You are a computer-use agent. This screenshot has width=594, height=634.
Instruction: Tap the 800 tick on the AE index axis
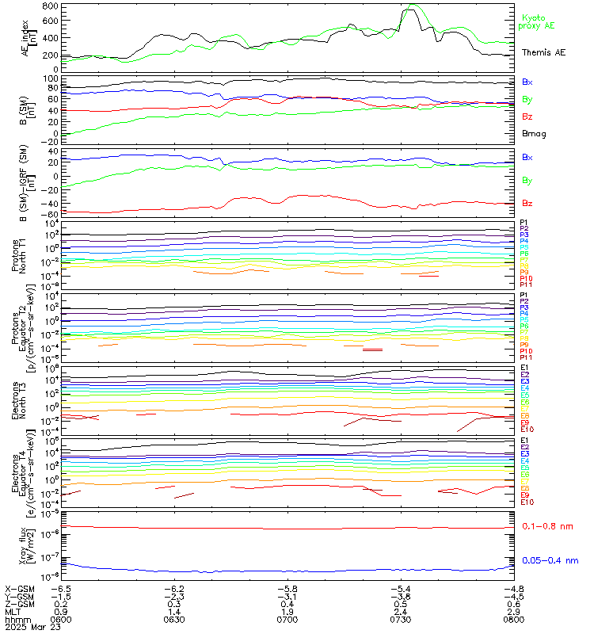49,6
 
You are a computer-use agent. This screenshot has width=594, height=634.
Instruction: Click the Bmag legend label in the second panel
533,133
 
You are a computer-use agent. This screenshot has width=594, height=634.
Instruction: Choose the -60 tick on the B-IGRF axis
51,214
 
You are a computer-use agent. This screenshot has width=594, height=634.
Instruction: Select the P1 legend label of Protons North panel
524,223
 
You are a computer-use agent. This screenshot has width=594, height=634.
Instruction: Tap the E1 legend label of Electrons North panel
524,368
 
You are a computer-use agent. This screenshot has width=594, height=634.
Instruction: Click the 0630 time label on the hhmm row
174,620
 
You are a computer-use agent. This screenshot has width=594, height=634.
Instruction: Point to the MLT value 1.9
287,612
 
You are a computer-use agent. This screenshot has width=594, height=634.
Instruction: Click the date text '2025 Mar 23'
29,628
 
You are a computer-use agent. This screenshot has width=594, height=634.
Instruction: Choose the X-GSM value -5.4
399,589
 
